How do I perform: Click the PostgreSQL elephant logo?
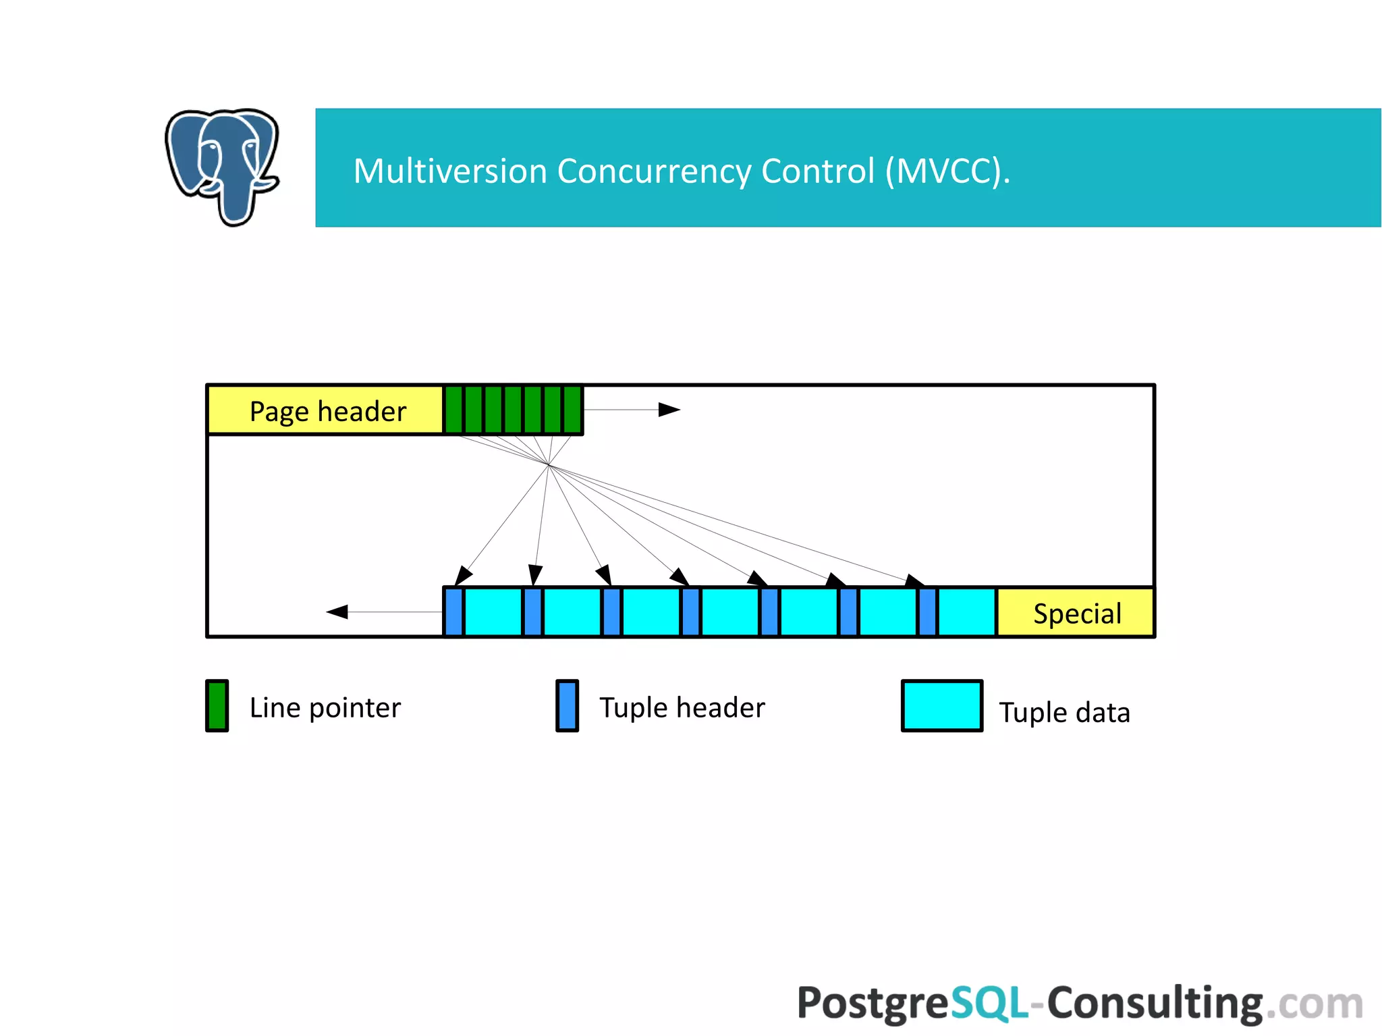click(222, 165)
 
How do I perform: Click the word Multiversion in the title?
click(449, 171)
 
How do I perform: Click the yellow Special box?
click(1076, 613)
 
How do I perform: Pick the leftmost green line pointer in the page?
click(453, 410)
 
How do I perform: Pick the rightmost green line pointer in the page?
click(572, 410)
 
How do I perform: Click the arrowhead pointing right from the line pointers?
click(669, 410)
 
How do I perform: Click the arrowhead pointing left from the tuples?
click(337, 611)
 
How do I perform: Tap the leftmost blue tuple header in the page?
click(453, 612)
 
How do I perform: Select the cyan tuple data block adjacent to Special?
click(966, 612)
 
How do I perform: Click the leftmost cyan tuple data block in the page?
click(493, 612)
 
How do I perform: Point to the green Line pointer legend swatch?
click(217, 706)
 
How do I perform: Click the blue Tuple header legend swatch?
click(567, 706)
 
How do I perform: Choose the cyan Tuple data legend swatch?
click(941, 706)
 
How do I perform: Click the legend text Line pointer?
click(325, 708)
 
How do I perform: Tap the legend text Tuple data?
click(1064, 713)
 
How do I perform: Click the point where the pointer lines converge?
click(549, 465)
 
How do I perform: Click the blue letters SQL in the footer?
click(989, 1003)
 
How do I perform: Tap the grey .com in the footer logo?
click(1314, 1004)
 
